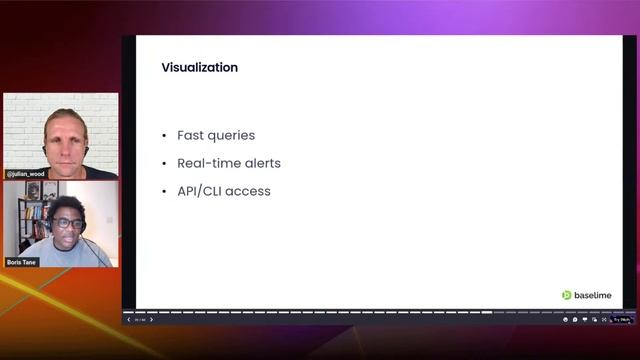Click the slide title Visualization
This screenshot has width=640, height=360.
[199, 68]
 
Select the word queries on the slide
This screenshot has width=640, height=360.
[232, 135]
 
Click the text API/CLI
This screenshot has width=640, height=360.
[203, 191]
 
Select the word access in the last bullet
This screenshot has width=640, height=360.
[251, 191]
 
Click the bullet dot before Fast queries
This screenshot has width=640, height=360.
[164, 136]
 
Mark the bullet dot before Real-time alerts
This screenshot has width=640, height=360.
[164, 164]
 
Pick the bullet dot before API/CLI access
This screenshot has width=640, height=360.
[164, 192]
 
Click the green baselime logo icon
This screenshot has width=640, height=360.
[566, 295]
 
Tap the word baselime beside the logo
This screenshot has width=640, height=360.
[591, 295]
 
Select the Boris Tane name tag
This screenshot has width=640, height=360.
[21, 262]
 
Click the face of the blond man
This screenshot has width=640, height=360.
[66, 137]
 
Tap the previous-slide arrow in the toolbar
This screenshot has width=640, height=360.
[128, 320]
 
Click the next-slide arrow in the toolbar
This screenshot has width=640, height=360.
[152, 320]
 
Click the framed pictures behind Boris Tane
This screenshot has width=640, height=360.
[41, 189]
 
